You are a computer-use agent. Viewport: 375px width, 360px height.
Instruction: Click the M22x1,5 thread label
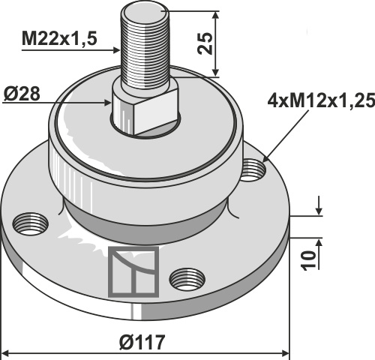[x=59, y=39]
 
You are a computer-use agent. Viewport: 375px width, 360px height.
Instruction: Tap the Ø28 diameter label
[x=22, y=94]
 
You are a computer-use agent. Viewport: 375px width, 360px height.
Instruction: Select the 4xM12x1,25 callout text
[x=321, y=101]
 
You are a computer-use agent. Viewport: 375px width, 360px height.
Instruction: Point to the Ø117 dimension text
[x=142, y=342]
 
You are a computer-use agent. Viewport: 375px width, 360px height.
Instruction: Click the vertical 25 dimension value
[x=205, y=43]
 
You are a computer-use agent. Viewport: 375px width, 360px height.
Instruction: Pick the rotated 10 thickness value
[x=308, y=261]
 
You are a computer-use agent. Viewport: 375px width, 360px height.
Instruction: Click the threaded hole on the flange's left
[x=31, y=223]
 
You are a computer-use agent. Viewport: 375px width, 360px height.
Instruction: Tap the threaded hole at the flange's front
[x=187, y=279]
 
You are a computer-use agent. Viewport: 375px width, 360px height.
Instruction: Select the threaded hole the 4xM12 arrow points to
[x=253, y=170]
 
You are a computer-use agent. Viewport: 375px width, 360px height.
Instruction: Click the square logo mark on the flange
[x=133, y=271]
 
